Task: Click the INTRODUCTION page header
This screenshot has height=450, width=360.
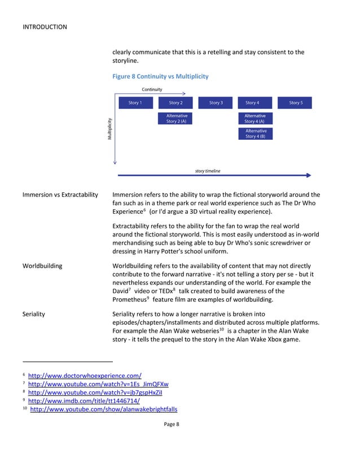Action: pyautogui.click(x=45, y=27)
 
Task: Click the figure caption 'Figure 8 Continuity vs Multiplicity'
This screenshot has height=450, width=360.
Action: pyautogui.click(x=160, y=76)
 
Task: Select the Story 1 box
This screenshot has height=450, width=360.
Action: pyautogui.click(x=135, y=103)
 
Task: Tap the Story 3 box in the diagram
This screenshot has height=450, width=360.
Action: pyautogui.click(x=216, y=103)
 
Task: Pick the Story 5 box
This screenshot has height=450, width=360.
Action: pyautogui.click(x=295, y=103)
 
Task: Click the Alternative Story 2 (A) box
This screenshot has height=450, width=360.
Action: pyautogui.click(x=175, y=118)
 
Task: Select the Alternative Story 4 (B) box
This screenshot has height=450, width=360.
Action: pyautogui.click(x=254, y=133)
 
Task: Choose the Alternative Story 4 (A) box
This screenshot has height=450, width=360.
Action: pyautogui.click(x=254, y=118)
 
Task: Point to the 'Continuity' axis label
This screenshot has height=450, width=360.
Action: pyautogui.click(x=152, y=90)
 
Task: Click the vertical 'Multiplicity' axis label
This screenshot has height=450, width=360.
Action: pyautogui.click(x=109, y=129)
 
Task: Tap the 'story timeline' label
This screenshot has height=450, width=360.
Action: pyautogui.click(x=208, y=171)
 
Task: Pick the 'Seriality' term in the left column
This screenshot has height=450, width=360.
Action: pyautogui.click(x=34, y=314)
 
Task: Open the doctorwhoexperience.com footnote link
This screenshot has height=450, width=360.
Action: pyautogui.click(x=85, y=375)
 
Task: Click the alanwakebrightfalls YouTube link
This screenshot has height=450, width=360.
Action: pyautogui.click(x=103, y=409)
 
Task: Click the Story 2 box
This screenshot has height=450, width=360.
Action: pyautogui.click(x=175, y=103)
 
